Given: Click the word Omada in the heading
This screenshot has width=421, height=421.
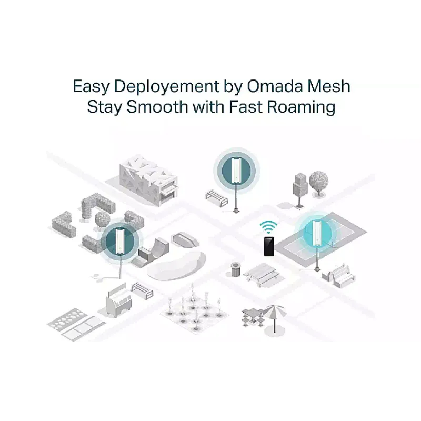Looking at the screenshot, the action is (275, 86).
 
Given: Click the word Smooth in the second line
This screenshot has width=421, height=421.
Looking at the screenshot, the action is (157, 107).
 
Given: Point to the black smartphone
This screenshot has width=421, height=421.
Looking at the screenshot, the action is (269, 246).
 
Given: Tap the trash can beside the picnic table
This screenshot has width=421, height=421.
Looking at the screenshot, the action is (235, 269).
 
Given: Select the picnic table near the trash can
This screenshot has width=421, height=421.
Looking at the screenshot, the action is (261, 274).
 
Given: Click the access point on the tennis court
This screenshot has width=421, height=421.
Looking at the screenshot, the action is (317, 233).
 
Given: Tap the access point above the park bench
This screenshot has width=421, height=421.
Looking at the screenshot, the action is (236, 170).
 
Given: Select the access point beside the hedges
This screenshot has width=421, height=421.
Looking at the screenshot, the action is (120, 241).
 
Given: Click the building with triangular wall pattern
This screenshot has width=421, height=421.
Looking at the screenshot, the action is (148, 181).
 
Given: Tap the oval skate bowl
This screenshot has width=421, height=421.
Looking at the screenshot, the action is (176, 265).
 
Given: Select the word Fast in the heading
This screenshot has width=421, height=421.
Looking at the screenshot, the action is (246, 107).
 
